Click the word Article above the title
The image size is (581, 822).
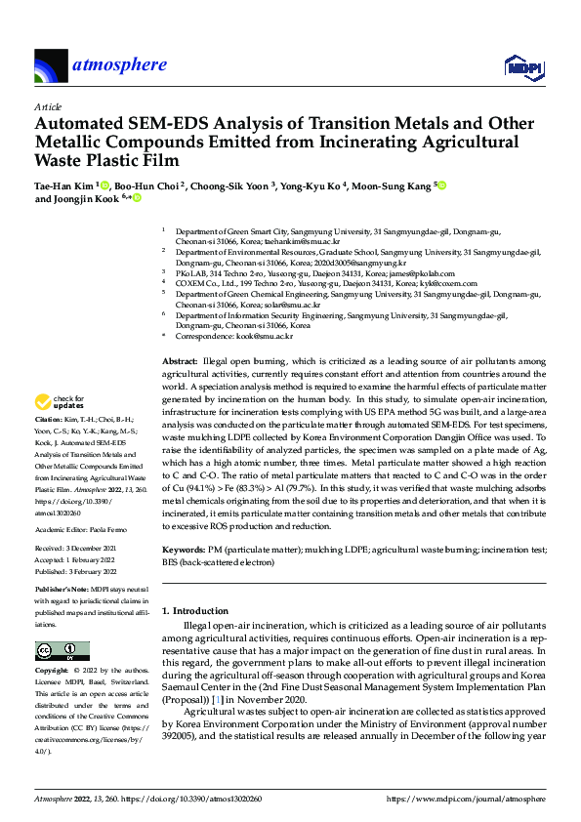(48, 106)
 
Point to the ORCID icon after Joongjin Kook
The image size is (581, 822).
(136, 198)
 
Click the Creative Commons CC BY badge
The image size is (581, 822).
(62, 651)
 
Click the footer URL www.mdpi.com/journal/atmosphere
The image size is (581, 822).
(466, 799)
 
